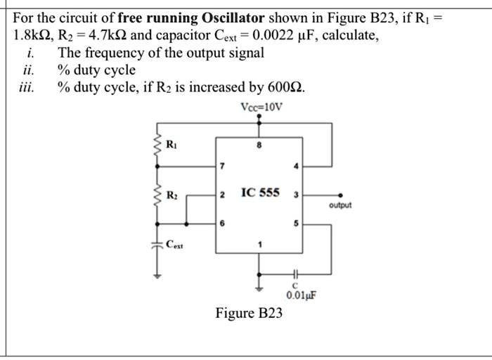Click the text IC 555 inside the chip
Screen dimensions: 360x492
pos(260,192)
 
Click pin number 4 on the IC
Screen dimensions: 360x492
pos(297,167)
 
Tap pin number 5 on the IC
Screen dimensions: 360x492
pos(297,223)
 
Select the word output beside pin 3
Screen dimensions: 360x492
pos(339,205)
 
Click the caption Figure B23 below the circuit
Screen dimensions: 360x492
pos(249,313)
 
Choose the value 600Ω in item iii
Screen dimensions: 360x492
pos(287,87)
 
